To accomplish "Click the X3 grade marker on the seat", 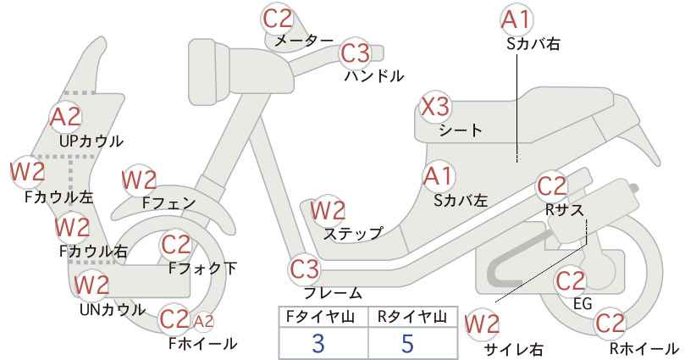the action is (435, 107).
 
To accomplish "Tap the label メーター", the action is (305, 41).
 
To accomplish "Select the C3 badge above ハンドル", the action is (356, 53).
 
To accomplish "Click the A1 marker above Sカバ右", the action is (516, 20).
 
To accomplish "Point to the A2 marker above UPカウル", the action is (66, 117).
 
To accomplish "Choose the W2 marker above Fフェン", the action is (139, 180).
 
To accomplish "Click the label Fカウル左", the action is (59, 197).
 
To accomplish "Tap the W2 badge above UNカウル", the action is (91, 285).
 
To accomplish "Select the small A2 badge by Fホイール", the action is (204, 321).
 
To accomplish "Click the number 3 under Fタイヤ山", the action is (318, 343).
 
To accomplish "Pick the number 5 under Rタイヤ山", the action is (407, 343).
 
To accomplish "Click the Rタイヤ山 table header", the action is (412, 317).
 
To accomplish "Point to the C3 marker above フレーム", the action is (305, 269).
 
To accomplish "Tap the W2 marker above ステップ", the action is (328, 210).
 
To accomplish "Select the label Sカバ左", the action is (461, 201).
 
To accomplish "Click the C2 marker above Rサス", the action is (552, 186).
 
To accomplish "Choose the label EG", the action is (583, 303).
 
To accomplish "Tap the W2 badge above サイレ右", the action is (482, 325).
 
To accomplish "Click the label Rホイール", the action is (644, 348).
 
